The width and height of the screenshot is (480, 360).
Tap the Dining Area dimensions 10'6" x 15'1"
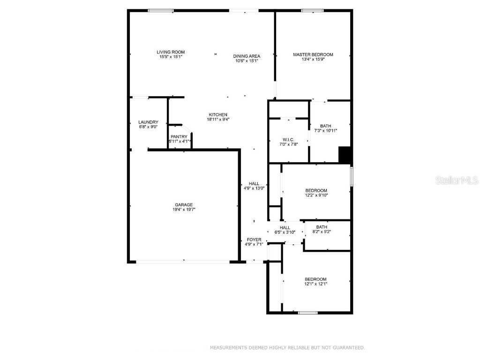pos(247,60)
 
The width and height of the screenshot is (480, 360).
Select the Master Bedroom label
pos(313,55)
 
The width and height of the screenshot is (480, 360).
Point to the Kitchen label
pos(218,115)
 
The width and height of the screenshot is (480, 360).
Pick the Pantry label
pos(179,137)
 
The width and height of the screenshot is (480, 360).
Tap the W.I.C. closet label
pos(288,139)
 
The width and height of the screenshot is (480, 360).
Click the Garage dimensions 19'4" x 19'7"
pos(184,210)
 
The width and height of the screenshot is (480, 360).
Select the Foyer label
pos(254,240)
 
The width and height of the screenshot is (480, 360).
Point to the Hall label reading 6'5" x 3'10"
pos(285,227)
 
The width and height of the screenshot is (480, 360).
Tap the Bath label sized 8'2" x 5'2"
pos(322,227)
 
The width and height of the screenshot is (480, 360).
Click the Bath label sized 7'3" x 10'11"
pos(326,126)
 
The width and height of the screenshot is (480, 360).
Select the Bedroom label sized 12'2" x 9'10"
pos(316,190)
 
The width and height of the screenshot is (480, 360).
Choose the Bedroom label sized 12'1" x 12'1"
pos(315,279)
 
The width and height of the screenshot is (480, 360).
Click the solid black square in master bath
pos(345,155)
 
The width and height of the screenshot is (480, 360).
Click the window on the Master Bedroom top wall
pos(312,10)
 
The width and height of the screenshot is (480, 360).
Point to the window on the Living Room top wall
pos(161,10)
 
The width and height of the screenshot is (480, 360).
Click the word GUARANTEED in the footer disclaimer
pos(348,348)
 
